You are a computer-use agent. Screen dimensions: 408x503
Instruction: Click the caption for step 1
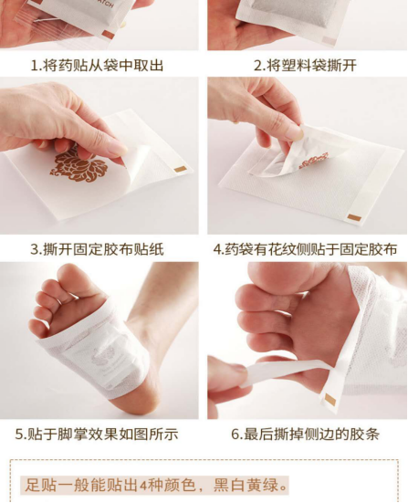pyautogui.click(x=97, y=66)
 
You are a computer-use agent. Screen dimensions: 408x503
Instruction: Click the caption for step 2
pyautogui.click(x=305, y=66)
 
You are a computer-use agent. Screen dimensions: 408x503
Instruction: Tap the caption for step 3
pyautogui.click(x=97, y=249)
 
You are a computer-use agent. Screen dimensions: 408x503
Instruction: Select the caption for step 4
pyautogui.click(x=306, y=249)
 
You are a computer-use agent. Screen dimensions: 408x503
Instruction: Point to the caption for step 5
pyautogui.click(x=97, y=434)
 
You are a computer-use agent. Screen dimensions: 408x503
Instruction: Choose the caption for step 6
pyautogui.click(x=306, y=434)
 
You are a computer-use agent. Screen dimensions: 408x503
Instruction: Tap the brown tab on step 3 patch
pyautogui.click(x=180, y=169)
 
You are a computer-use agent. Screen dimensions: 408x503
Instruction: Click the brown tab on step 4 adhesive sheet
pyautogui.click(x=354, y=218)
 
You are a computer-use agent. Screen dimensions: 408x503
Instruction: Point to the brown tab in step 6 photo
pyautogui.click(x=330, y=400)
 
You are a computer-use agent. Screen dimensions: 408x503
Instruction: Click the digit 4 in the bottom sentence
pyautogui.click(x=143, y=485)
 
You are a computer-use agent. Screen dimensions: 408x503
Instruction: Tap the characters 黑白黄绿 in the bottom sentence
pyautogui.click(x=246, y=485)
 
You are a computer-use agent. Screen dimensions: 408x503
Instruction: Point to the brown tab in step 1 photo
pyautogui.click(x=108, y=35)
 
